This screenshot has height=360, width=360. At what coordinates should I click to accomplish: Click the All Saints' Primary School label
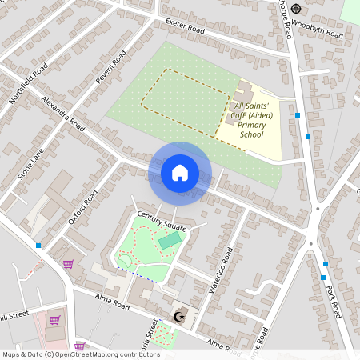pyautogui.click(x=251, y=120)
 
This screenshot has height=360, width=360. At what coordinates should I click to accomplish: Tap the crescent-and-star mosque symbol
pyautogui.click(x=178, y=318)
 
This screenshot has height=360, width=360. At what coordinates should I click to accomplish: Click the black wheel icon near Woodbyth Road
pyautogui.click(x=296, y=9)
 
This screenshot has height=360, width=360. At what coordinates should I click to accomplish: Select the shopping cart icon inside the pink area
pyautogui.click(x=55, y=319)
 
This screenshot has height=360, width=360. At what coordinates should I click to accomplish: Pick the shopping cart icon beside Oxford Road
pyautogui.click(x=69, y=263)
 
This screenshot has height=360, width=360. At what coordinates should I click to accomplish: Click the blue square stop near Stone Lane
pyautogui.click(x=38, y=245)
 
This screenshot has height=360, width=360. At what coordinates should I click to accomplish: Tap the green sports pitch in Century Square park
pyautogui.click(x=169, y=240)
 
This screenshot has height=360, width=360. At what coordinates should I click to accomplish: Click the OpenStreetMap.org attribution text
pyautogui.click(x=80, y=354)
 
